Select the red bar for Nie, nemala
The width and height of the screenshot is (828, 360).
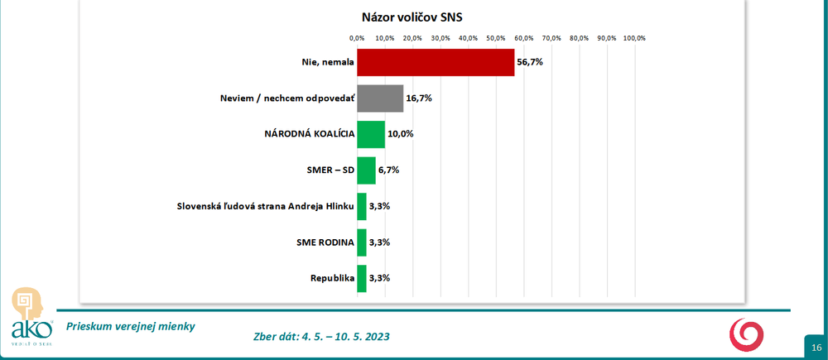tap(436, 62)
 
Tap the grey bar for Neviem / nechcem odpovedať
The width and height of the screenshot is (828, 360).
tap(380, 98)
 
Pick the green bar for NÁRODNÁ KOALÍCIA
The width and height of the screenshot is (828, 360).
tap(371, 134)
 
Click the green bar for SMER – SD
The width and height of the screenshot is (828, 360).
tap(366, 170)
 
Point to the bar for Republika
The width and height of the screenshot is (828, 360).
tap(362, 279)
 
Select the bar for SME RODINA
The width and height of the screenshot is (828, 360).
tap(362, 242)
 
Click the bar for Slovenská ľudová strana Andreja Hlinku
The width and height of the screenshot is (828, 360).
tap(362, 206)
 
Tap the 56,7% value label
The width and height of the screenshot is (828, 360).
tap(530, 62)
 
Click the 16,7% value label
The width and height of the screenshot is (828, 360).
tap(419, 98)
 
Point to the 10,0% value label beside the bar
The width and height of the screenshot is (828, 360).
tap(401, 134)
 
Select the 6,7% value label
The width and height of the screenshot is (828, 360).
tap(389, 170)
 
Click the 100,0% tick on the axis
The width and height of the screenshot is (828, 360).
tap(634, 38)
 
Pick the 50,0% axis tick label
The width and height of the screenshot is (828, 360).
tap(495, 38)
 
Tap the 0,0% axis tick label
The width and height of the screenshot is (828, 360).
tap(357, 38)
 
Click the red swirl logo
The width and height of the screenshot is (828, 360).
tap(747, 334)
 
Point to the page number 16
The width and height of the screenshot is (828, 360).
tap(816, 347)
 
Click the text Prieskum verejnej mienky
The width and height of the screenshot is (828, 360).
tap(131, 326)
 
